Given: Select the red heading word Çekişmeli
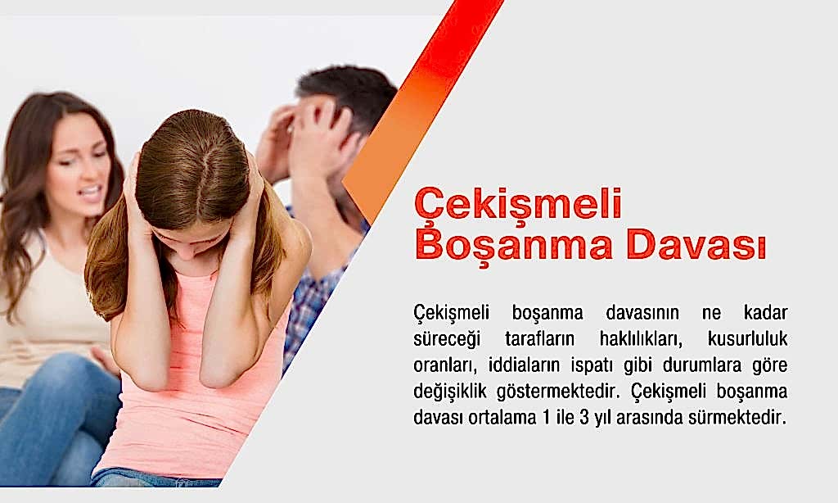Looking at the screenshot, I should click(518, 202).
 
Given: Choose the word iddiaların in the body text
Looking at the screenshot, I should click(526, 365).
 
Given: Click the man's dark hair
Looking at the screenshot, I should click(344, 86).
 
